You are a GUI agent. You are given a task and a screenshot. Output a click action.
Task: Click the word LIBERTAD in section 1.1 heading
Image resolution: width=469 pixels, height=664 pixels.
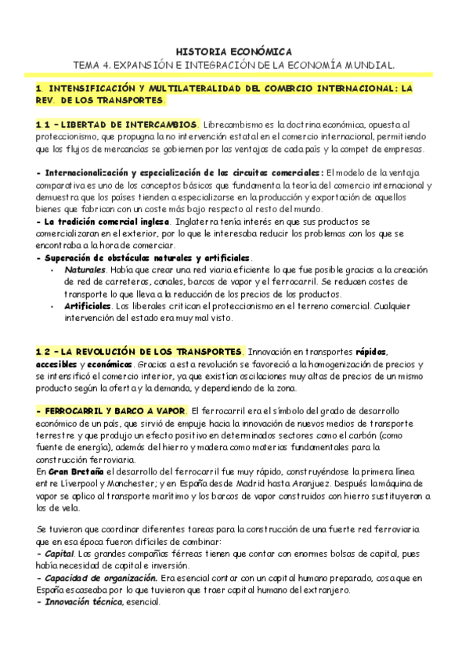84,125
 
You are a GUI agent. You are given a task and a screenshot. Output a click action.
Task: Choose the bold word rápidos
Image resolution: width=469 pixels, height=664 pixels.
372,353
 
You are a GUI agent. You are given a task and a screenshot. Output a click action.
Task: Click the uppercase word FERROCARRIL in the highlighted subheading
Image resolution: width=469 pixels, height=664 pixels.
76,412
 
